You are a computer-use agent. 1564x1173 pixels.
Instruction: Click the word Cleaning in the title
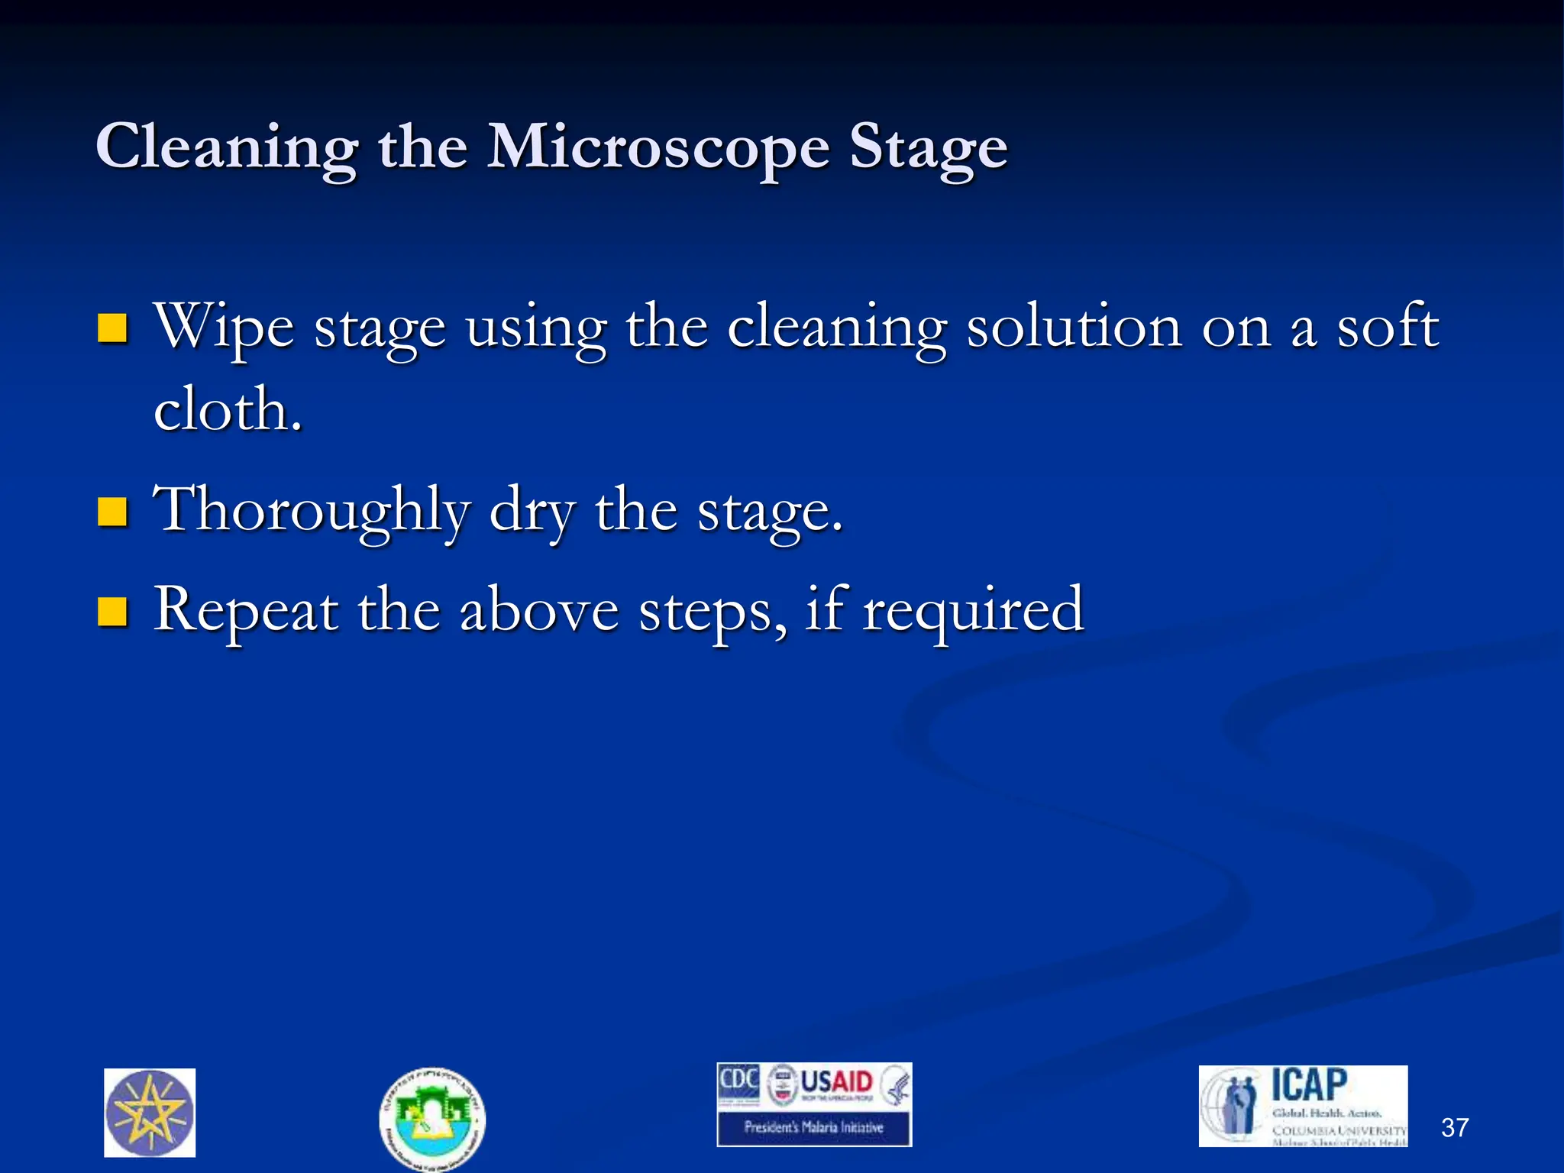[x=226, y=147]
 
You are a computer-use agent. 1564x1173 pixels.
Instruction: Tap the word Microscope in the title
[x=658, y=147]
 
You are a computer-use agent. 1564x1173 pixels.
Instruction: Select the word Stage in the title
[x=929, y=147]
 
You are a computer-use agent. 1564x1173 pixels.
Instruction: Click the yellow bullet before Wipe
[x=112, y=328]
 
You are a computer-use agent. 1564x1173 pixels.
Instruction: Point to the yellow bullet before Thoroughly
[x=112, y=512]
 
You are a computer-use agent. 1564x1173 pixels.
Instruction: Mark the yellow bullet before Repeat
[x=112, y=611]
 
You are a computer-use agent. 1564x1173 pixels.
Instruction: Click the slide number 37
[x=1455, y=1127]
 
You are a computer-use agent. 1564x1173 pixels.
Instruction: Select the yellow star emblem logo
[x=150, y=1113]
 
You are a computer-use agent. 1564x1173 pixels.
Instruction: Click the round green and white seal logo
[x=432, y=1118]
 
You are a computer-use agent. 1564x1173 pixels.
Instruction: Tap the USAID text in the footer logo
[x=836, y=1082]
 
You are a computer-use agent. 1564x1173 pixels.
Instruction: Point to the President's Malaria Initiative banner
[x=814, y=1127]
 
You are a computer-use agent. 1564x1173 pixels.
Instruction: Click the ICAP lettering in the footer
[x=1309, y=1085]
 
